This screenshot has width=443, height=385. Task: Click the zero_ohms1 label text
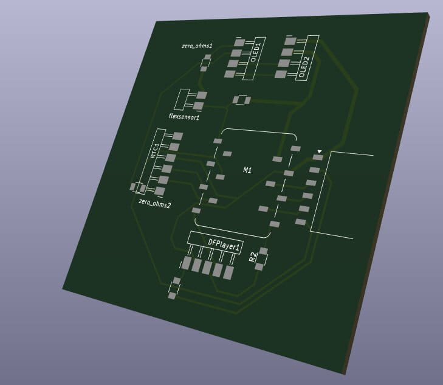tap(197, 46)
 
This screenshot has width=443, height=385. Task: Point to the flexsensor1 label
tap(184, 116)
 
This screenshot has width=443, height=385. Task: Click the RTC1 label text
tap(155, 151)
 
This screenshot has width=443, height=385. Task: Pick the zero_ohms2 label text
tap(155, 203)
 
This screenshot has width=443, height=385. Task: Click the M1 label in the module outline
tap(247, 170)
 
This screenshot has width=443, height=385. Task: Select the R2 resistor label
tap(253, 257)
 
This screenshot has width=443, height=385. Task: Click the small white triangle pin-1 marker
tap(319, 152)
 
